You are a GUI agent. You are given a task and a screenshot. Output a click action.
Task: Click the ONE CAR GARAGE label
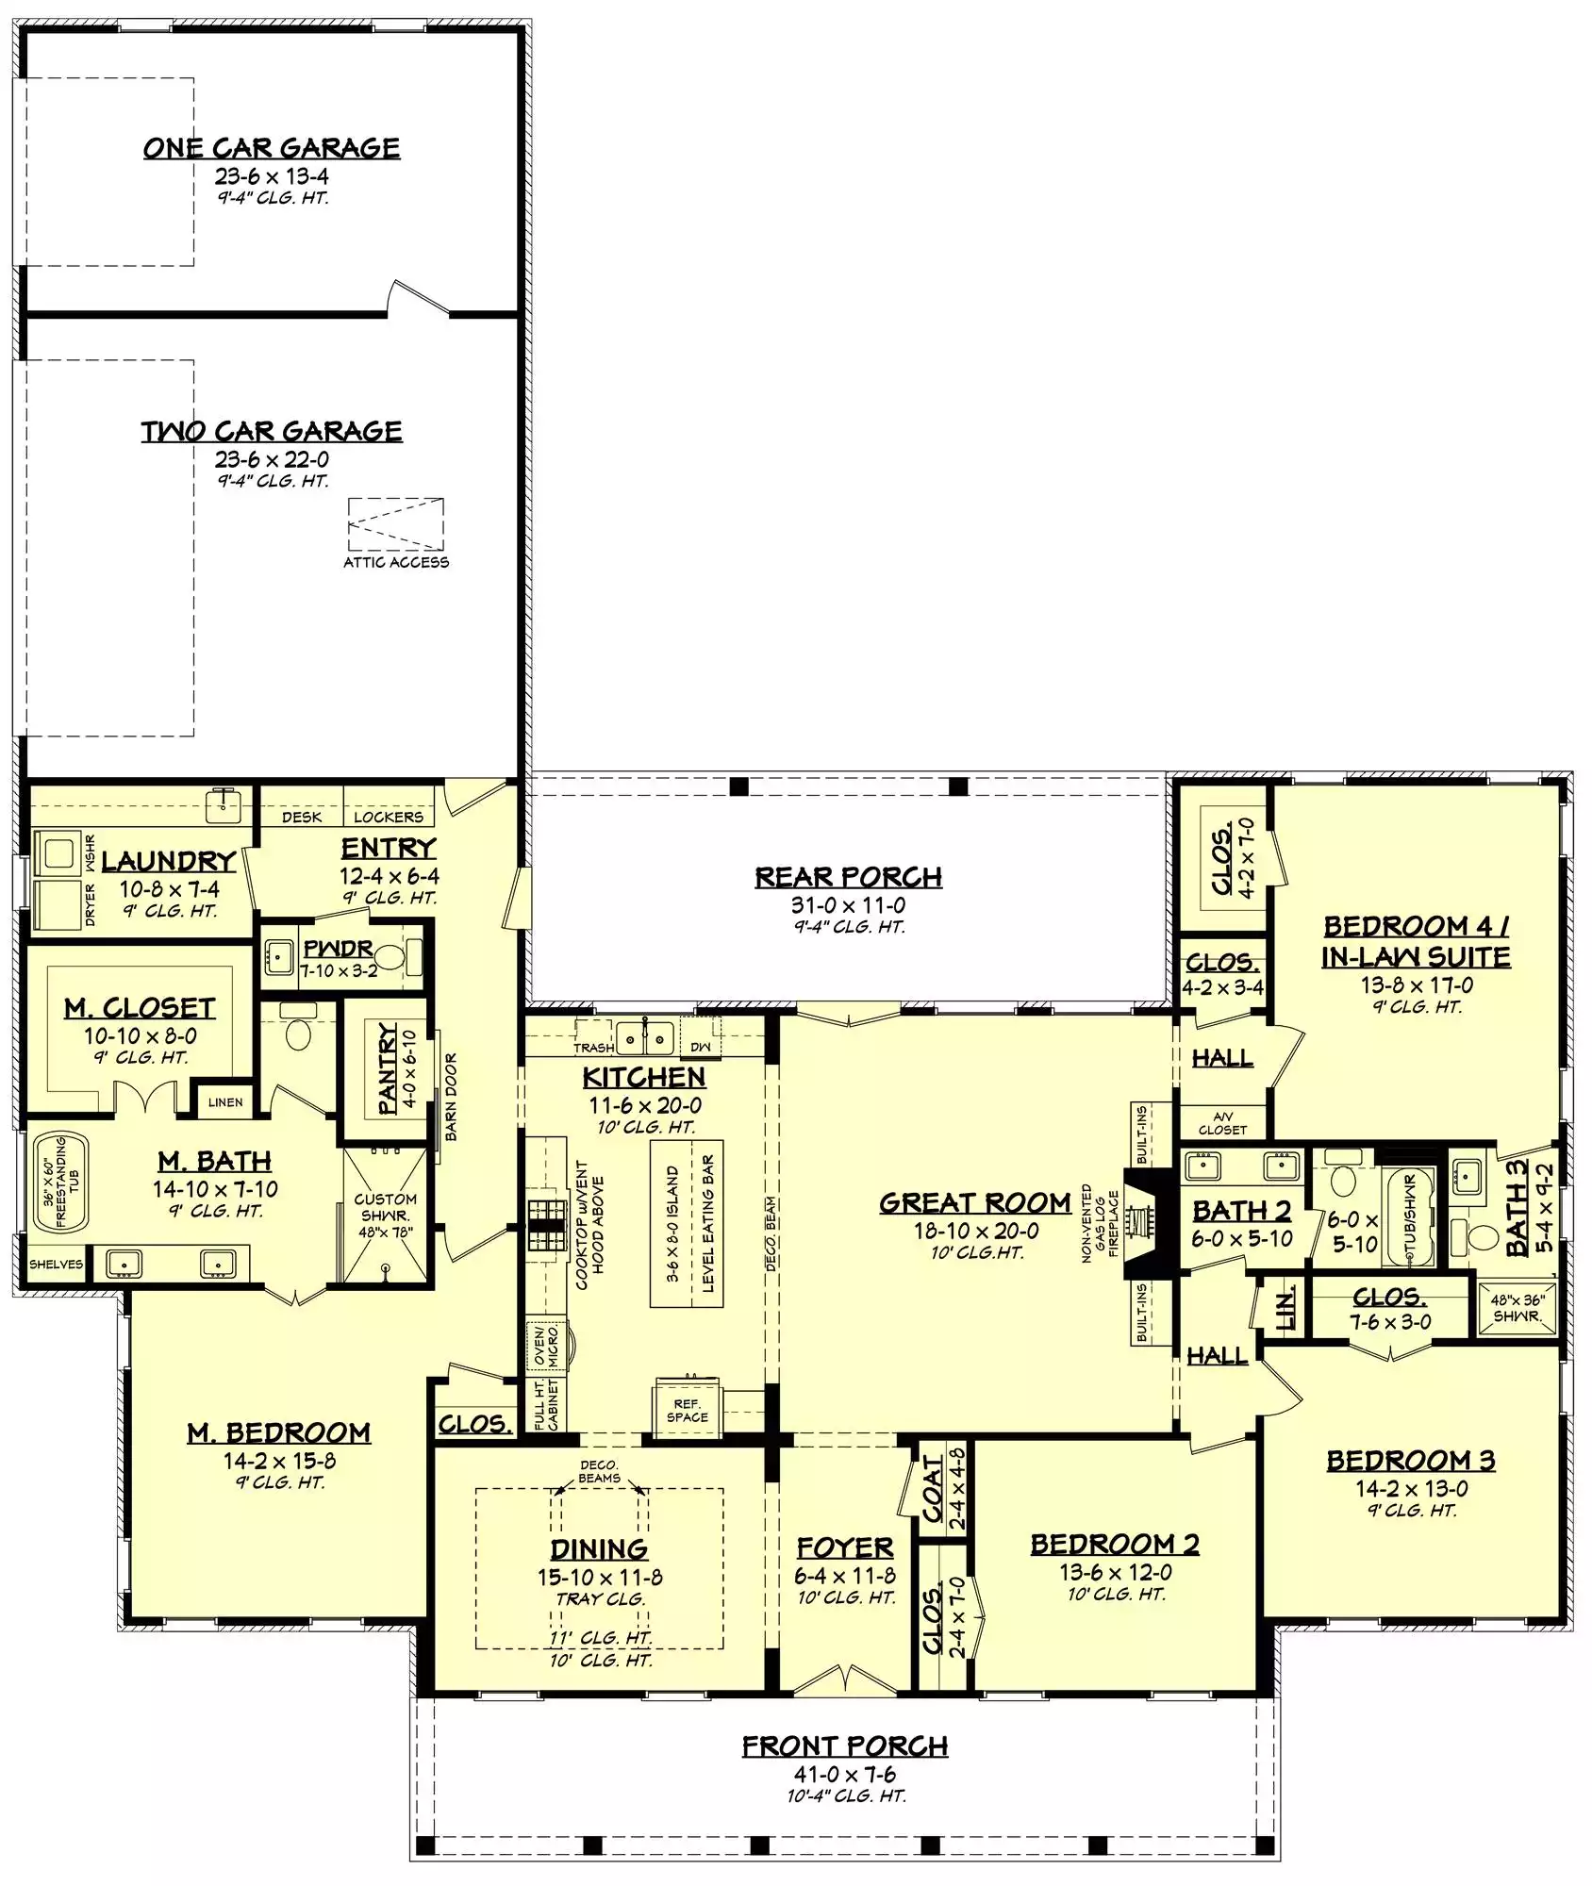tap(272, 148)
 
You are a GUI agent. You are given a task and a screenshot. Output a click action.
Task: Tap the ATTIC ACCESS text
tap(396, 562)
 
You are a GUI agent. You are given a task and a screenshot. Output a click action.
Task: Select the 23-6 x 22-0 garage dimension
tap(272, 459)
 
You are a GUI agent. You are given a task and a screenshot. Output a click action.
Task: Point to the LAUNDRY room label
tap(169, 861)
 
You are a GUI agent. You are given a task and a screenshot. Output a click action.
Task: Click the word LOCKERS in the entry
tap(389, 817)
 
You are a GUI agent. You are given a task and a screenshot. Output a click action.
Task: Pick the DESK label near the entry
tap(302, 817)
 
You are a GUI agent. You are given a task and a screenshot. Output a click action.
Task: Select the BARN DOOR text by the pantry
tap(451, 1097)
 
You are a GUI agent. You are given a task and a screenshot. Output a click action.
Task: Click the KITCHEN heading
tap(644, 1078)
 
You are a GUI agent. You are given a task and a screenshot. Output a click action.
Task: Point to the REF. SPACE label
tap(687, 1411)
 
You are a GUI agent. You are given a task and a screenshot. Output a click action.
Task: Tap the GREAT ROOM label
tap(975, 1203)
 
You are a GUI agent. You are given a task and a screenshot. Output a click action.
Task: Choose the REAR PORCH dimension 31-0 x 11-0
tap(849, 905)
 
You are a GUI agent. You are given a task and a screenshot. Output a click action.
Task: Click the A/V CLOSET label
tap(1222, 1123)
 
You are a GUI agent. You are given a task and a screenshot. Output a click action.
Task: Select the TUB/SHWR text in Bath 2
tap(1411, 1217)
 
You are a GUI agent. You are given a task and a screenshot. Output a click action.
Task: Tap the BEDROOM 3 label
tap(1411, 1461)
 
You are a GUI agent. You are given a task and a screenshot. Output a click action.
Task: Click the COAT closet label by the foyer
tap(933, 1490)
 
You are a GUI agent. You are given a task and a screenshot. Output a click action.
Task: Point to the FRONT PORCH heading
tap(845, 1746)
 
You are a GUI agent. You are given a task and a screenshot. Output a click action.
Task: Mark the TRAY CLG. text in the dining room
tap(601, 1599)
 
